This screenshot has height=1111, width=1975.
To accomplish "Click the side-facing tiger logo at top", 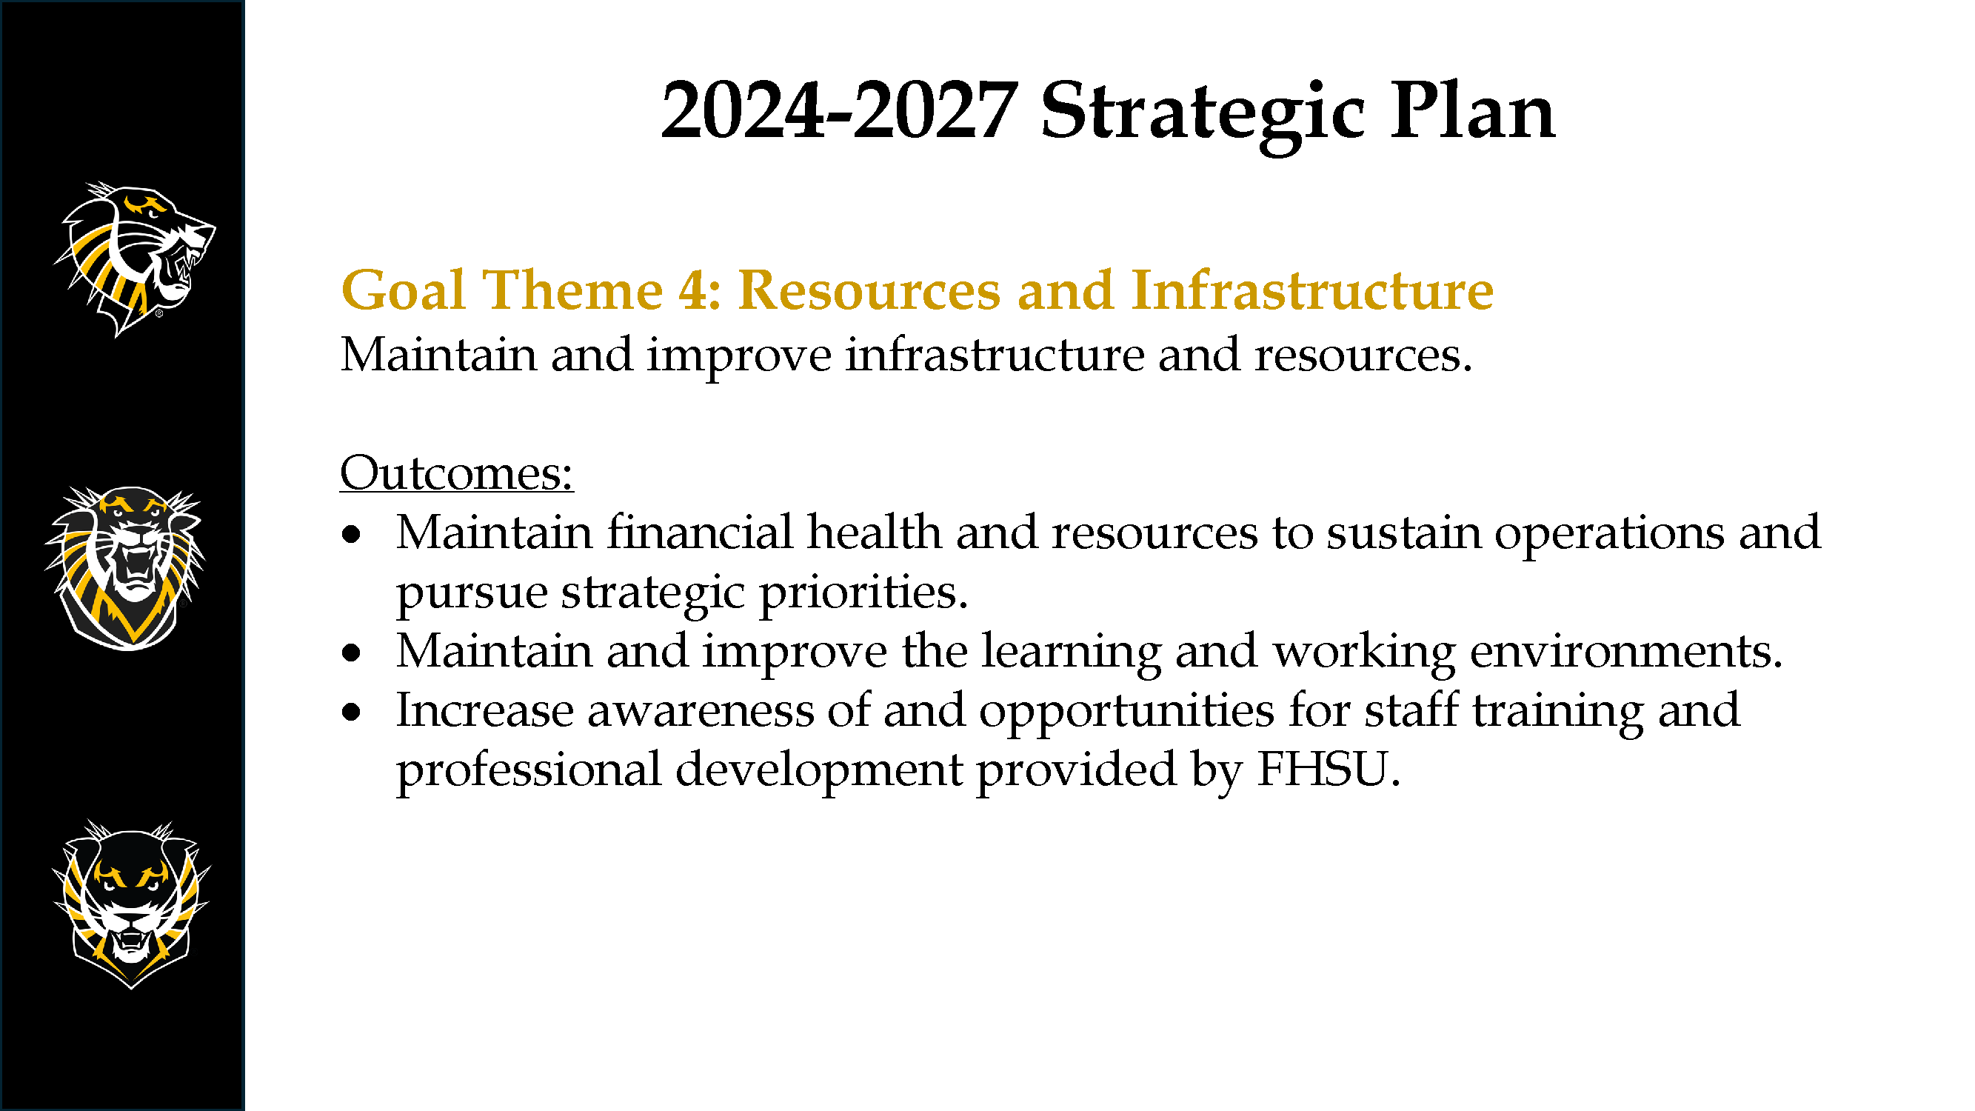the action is click(x=134, y=259).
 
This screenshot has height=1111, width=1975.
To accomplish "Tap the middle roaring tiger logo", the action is click(x=126, y=568).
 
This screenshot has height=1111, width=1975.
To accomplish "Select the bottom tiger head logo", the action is click(x=131, y=905).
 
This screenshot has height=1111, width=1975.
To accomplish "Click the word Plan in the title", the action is click(x=1473, y=112).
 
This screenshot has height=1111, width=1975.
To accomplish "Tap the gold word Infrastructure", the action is click(x=1312, y=290).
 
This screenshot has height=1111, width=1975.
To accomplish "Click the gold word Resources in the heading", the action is click(x=869, y=290).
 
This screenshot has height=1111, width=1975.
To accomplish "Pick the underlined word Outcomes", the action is click(x=457, y=473).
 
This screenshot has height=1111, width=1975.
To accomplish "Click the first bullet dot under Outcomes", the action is click(x=351, y=535).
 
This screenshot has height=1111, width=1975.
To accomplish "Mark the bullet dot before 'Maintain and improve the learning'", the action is click(x=351, y=653).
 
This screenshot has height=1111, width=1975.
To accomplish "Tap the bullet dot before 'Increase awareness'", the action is click(x=351, y=713).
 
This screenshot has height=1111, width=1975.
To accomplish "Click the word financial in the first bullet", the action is click(x=700, y=531).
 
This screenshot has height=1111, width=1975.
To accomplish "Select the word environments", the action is click(x=1626, y=651).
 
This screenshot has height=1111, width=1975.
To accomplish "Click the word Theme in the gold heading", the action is click(x=572, y=290).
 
